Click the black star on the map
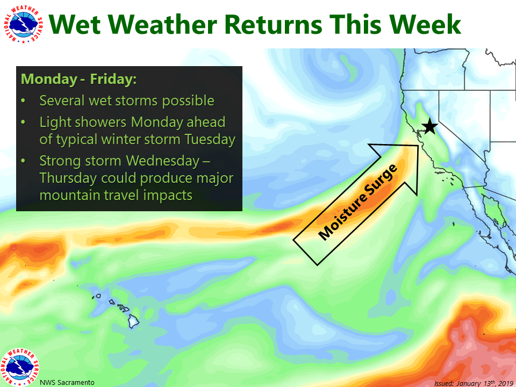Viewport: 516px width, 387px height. pos(429,127)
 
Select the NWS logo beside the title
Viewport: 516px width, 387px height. pos(23,24)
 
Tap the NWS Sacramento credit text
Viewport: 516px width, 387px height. pos(67,382)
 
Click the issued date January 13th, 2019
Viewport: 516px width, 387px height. pos(484,383)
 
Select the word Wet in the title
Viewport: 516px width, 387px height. pos(75,25)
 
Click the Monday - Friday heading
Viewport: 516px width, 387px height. pos(78,80)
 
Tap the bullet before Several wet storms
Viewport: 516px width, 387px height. pos(23,101)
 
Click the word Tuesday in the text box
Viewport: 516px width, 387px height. pos(210,139)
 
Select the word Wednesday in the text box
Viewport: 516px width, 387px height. pos(163,161)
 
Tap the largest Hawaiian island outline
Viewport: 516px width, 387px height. pos(133,321)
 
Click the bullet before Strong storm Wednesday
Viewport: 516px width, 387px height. pos(23,161)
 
